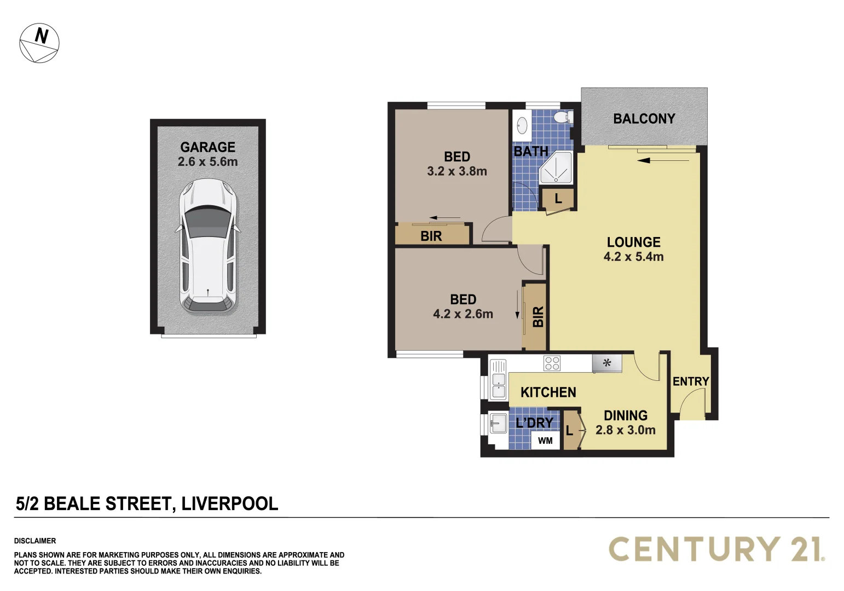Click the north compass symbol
(39, 43)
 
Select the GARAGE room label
(207, 147)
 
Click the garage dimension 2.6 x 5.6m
(207, 162)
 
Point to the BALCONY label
(644, 119)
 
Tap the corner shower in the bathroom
(556, 168)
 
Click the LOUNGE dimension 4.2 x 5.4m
(633, 257)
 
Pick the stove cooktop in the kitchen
(552, 363)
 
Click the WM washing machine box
(545, 441)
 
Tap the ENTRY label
(690, 381)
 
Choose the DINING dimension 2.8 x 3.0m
(625, 430)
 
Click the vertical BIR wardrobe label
(537, 316)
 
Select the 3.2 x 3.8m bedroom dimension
(456, 171)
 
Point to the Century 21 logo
(716, 549)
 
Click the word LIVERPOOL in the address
(229, 503)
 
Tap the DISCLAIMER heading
(35, 541)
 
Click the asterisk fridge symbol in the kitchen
(606, 362)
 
